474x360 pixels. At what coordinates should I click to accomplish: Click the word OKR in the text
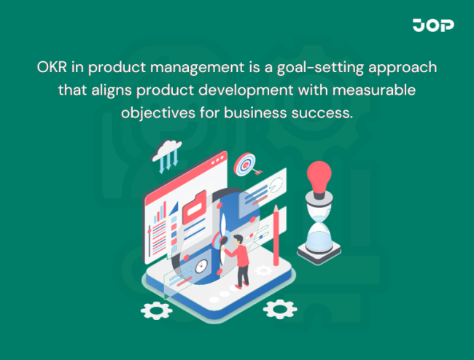point(51,66)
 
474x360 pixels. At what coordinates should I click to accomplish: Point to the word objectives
point(159,114)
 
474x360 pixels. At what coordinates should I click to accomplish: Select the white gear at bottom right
point(280,309)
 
